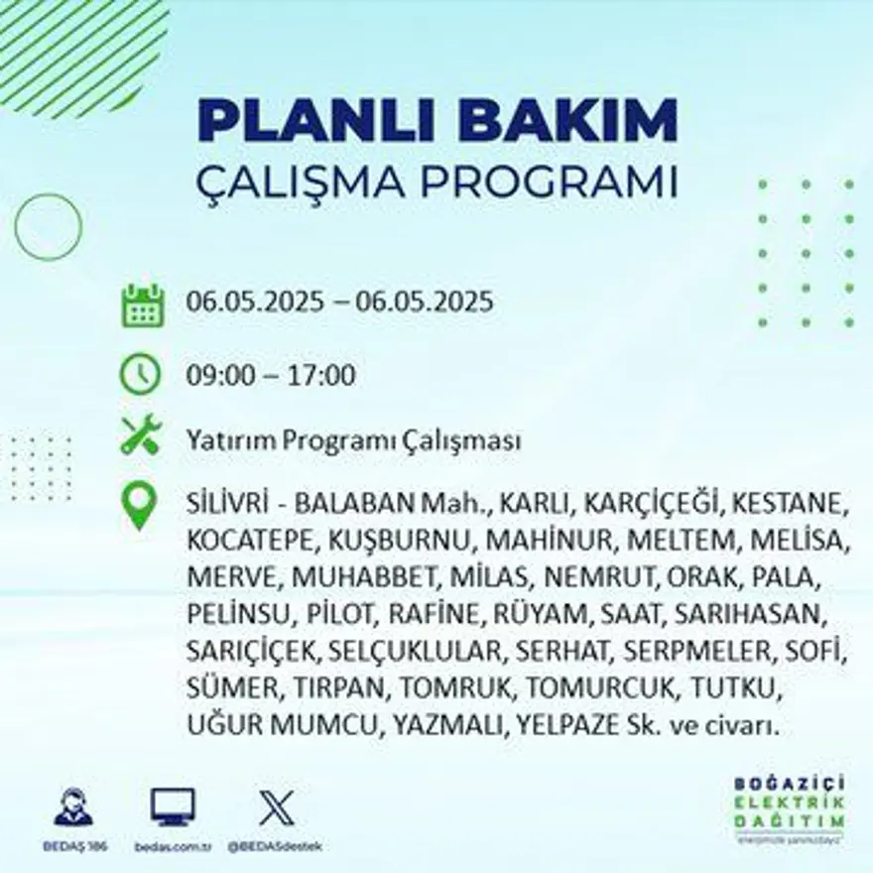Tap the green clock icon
point(140,373)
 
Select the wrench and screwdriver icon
point(140,436)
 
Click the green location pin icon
point(140,503)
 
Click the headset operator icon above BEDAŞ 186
point(72,808)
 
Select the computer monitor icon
point(173,807)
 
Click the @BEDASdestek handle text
point(275,846)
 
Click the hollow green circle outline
point(48,227)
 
